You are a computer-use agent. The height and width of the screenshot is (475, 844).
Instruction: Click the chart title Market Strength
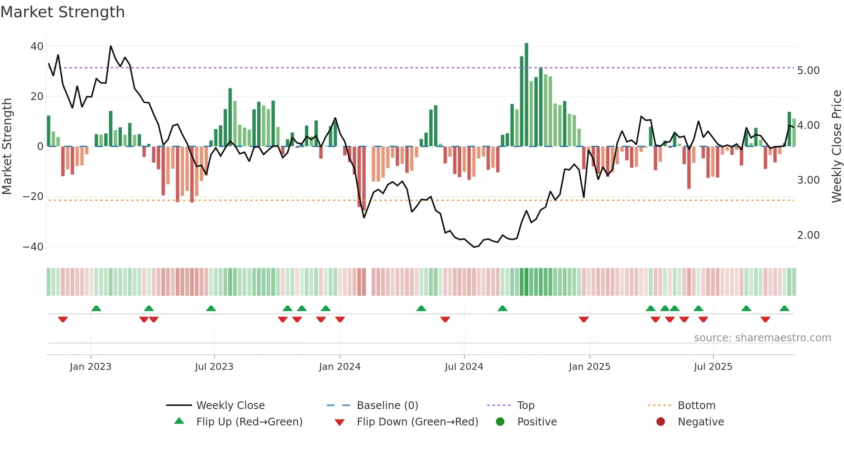coord(62,12)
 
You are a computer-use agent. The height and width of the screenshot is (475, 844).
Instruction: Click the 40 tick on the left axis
coord(37,47)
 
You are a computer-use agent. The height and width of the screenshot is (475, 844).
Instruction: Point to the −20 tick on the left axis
coord(33,197)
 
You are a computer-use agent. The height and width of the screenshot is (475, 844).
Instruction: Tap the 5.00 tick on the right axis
coord(808,71)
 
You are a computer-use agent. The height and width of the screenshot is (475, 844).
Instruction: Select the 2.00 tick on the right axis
coord(808,235)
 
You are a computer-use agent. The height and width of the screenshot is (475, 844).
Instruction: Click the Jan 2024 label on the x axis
coord(340,367)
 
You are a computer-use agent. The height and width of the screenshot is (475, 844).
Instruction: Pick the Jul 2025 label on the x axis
coord(713,367)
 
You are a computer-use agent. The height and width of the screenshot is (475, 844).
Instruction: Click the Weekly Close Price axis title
coord(836,147)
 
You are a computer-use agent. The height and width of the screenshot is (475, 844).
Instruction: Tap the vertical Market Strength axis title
coord(7,147)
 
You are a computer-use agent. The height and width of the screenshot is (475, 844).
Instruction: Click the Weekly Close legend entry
coord(230,406)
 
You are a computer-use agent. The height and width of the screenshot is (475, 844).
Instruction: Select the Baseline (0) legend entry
coord(387,406)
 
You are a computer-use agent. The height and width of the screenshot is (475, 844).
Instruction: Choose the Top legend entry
coord(525,406)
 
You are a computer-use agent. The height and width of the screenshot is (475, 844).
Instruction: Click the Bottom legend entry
coord(696,406)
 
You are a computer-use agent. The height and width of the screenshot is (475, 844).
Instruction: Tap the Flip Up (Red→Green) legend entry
coord(249,422)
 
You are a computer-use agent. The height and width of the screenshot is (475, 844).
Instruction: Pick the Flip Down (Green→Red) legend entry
coord(417,422)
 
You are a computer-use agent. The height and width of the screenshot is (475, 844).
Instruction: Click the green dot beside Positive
coord(500,422)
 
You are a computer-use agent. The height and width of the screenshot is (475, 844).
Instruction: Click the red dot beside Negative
coord(661,422)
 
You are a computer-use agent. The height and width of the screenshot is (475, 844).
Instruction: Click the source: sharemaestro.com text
coord(762,338)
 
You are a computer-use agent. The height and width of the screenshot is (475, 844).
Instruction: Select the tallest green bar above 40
coord(526,95)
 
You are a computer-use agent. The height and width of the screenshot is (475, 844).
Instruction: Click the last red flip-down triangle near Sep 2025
coord(765,319)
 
